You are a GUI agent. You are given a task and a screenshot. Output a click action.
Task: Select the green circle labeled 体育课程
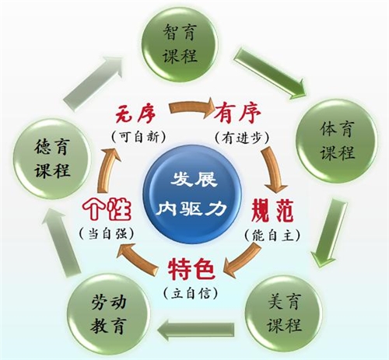point(336,140)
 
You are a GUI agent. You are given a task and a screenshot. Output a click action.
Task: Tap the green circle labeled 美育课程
point(284,313)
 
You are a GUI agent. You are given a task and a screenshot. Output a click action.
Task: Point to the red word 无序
point(135,114)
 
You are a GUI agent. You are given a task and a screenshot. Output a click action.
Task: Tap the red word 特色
point(191,270)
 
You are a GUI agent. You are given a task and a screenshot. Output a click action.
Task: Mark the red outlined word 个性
point(107,209)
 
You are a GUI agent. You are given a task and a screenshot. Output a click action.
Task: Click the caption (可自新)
point(138,137)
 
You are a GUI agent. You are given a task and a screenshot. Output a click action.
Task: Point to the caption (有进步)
point(241,138)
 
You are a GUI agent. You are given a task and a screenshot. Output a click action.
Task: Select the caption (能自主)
point(272,236)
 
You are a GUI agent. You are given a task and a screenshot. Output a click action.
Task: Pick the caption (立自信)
point(191,293)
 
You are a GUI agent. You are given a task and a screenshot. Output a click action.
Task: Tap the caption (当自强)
point(107,234)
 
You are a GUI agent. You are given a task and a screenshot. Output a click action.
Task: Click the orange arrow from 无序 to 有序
point(191,108)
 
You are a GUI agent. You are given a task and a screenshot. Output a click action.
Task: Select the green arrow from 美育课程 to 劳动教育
point(196,330)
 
